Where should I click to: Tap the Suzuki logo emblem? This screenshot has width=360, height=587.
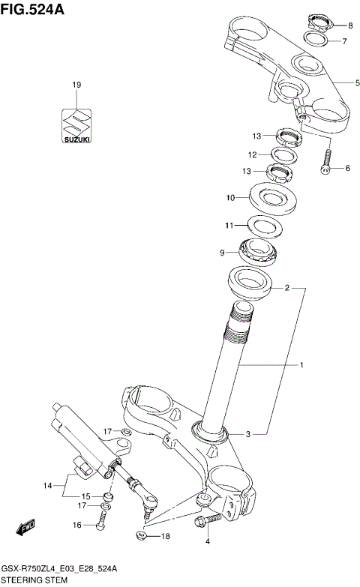click(76, 122)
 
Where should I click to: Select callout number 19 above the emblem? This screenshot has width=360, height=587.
click(76, 85)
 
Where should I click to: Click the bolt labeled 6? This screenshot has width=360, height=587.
click(326, 161)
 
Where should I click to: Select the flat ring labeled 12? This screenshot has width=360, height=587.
click(283, 154)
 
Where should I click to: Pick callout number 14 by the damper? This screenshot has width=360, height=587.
click(47, 486)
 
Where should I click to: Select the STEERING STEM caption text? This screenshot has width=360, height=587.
click(35, 580)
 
